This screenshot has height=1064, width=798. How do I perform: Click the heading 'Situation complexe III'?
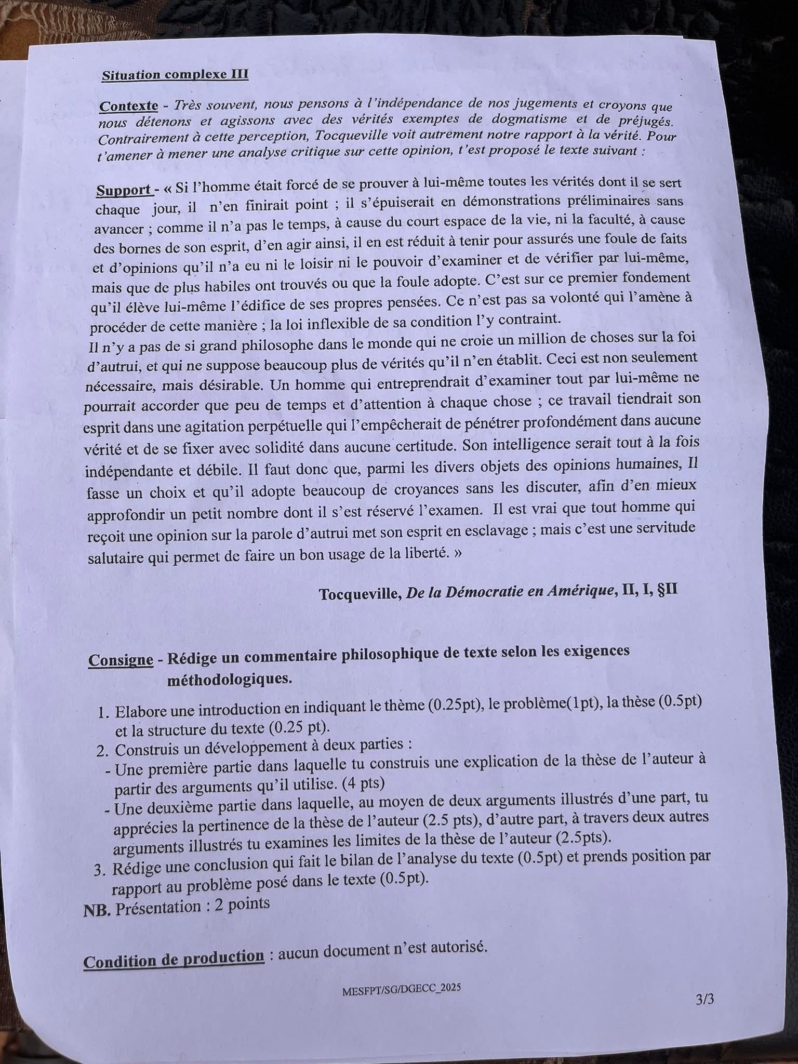coord(175,75)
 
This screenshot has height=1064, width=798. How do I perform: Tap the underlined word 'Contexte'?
coord(128,107)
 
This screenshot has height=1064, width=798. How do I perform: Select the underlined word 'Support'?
coord(123,190)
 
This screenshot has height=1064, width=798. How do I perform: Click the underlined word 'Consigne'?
coord(121,660)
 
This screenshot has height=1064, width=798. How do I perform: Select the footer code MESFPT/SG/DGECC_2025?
coord(401,989)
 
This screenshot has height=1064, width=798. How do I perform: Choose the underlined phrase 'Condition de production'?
coord(174,961)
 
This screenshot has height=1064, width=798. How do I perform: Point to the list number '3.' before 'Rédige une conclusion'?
coord(100,870)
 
